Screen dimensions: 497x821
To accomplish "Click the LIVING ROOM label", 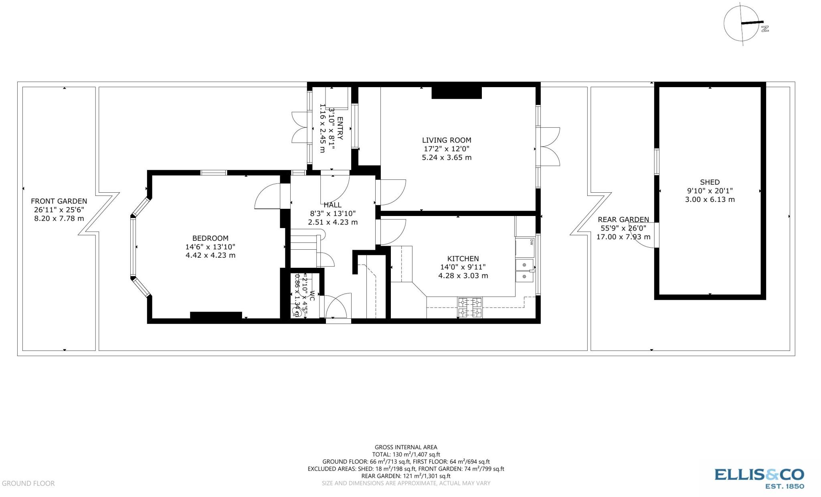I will (446, 140).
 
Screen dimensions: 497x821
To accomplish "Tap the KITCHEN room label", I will (463, 259).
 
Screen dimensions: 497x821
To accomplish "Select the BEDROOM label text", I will (210, 238).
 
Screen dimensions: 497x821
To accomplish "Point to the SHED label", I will (710, 182).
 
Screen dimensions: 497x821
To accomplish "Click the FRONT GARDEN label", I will (59, 201).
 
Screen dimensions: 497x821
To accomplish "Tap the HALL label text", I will (332, 205).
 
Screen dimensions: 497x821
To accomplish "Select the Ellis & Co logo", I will (759, 478).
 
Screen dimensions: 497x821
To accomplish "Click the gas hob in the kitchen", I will (470, 308).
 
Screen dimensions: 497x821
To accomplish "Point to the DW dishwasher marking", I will (532, 242).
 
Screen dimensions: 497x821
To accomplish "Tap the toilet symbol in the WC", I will (297, 311).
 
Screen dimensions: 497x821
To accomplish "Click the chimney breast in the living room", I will (456, 93).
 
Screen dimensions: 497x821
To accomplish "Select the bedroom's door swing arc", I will (267, 196).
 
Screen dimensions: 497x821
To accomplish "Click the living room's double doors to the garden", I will (550, 147).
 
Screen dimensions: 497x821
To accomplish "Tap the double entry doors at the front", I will (299, 127).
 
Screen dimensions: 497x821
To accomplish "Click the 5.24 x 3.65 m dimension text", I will (446, 157).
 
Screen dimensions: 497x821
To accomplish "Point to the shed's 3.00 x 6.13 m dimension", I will (710, 200).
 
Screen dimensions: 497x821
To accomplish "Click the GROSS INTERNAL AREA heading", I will (406, 447).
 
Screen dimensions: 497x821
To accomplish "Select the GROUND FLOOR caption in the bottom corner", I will (28, 483).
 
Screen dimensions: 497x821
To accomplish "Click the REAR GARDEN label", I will (623, 220).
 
